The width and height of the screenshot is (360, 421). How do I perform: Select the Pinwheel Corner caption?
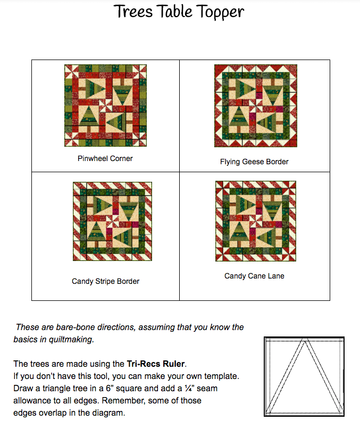105,158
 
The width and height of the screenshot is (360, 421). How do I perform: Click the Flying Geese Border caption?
254,162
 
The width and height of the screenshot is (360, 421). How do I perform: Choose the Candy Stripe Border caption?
105,281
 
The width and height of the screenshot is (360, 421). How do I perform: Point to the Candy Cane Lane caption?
254,276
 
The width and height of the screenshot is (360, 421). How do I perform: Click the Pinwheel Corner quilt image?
105,105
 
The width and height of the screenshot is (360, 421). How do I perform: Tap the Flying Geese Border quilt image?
255,106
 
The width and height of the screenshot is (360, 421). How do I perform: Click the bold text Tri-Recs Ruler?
155,364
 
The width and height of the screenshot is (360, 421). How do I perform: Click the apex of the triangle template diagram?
304,341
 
